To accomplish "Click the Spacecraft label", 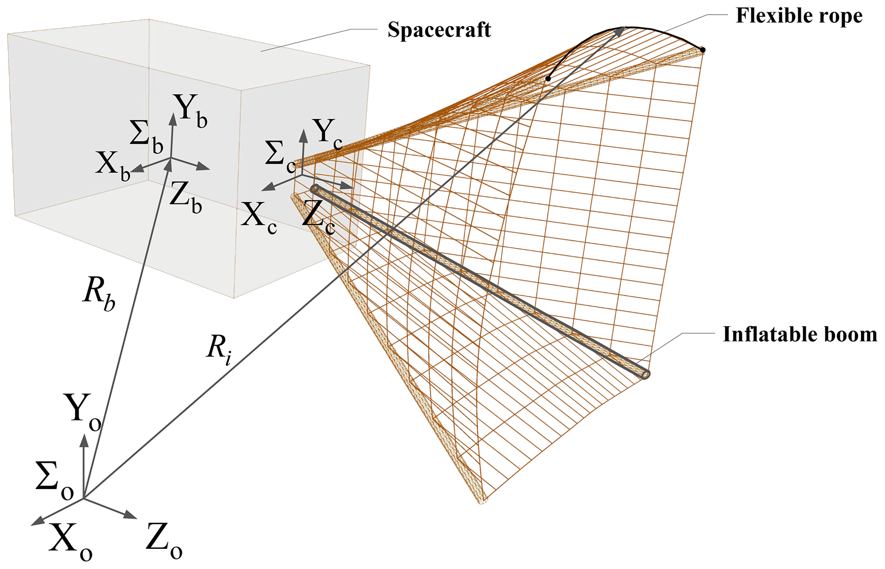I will pos(439,30).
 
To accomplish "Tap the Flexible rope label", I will pos(799,16).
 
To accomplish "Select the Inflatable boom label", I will pos(800,335).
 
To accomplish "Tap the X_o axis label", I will pos(70,540).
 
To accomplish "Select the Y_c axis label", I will pos(328,134).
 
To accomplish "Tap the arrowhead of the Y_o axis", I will pos(84,439).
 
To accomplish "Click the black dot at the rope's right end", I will pos(703,50).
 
